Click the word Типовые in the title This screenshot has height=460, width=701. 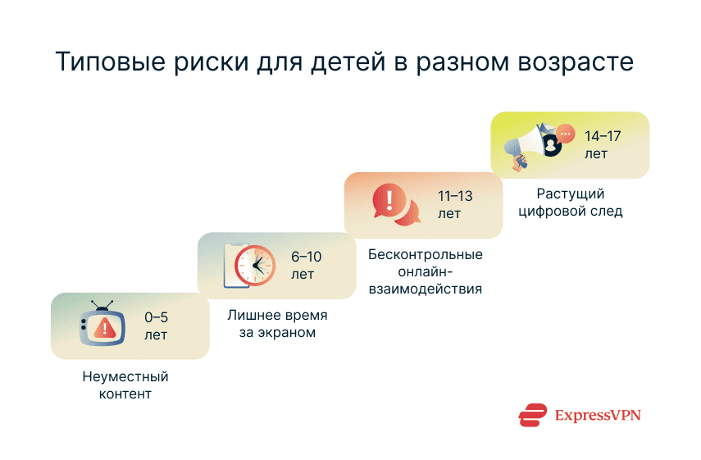(104, 63)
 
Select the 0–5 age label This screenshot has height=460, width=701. (156, 326)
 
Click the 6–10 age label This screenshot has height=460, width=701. (306, 265)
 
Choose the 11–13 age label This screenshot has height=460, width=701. (455, 205)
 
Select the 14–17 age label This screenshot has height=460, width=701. (603, 144)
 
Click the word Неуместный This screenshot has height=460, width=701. (125, 377)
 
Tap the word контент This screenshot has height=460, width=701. (125, 394)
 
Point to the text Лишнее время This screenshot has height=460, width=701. (277, 317)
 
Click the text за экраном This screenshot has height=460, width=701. (277, 333)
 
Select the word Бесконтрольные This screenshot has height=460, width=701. (425, 255)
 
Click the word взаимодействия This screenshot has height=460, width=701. (425, 289)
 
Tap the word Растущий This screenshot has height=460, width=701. (571, 194)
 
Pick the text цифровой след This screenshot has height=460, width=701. (571, 212)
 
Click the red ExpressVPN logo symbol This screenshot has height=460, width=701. (532, 415)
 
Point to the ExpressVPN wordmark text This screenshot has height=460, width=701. (597, 415)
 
